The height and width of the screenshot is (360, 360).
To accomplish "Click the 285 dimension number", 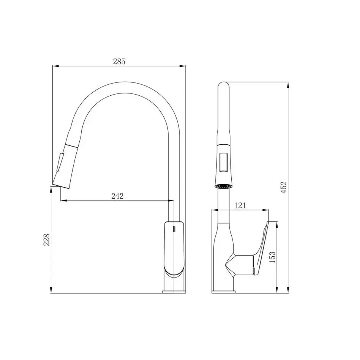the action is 119,62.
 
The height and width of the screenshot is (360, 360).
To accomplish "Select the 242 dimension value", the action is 117,196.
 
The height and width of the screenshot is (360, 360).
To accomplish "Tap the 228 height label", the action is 47,240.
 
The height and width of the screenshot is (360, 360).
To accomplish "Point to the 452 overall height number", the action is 284,187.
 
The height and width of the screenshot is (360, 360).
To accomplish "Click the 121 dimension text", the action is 240,205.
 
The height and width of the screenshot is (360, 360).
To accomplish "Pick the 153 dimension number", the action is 272,257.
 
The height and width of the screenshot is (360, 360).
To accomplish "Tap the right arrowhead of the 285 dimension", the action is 183,66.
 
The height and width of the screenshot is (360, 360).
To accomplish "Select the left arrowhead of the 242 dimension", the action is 63,201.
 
